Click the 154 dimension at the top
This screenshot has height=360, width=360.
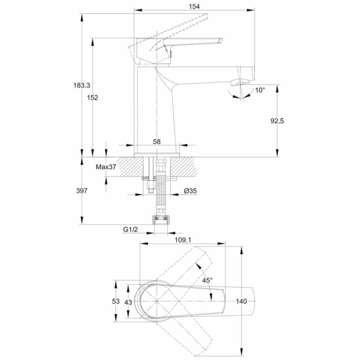pyautogui.click(x=194, y=6)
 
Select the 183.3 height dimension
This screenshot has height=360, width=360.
pyautogui.click(x=82, y=85)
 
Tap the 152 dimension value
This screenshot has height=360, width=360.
pyautogui.click(x=93, y=98)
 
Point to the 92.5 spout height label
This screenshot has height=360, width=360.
pyautogui.click(x=277, y=121)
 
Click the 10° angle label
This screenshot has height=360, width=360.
pyautogui.click(x=260, y=90)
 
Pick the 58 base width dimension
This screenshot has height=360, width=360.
pyautogui.click(x=157, y=141)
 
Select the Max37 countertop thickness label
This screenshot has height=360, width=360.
pyautogui.click(x=106, y=167)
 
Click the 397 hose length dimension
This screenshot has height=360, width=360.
pyautogui.click(x=82, y=190)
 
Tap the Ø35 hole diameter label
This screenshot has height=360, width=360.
pyautogui.click(x=190, y=191)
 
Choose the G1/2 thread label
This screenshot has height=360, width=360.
pyautogui.click(x=131, y=229)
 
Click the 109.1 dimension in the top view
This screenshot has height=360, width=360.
pyautogui.click(x=183, y=240)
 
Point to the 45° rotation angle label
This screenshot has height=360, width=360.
pyautogui.click(x=207, y=280)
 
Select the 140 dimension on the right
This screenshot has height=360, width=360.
pyautogui.click(x=241, y=301)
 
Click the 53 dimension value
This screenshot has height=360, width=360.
pyautogui.click(x=116, y=301)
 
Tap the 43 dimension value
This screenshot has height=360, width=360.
pyautogui.click(x=129, y=302)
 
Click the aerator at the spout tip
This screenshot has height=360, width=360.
pyautogui.click(x=240, y=83)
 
